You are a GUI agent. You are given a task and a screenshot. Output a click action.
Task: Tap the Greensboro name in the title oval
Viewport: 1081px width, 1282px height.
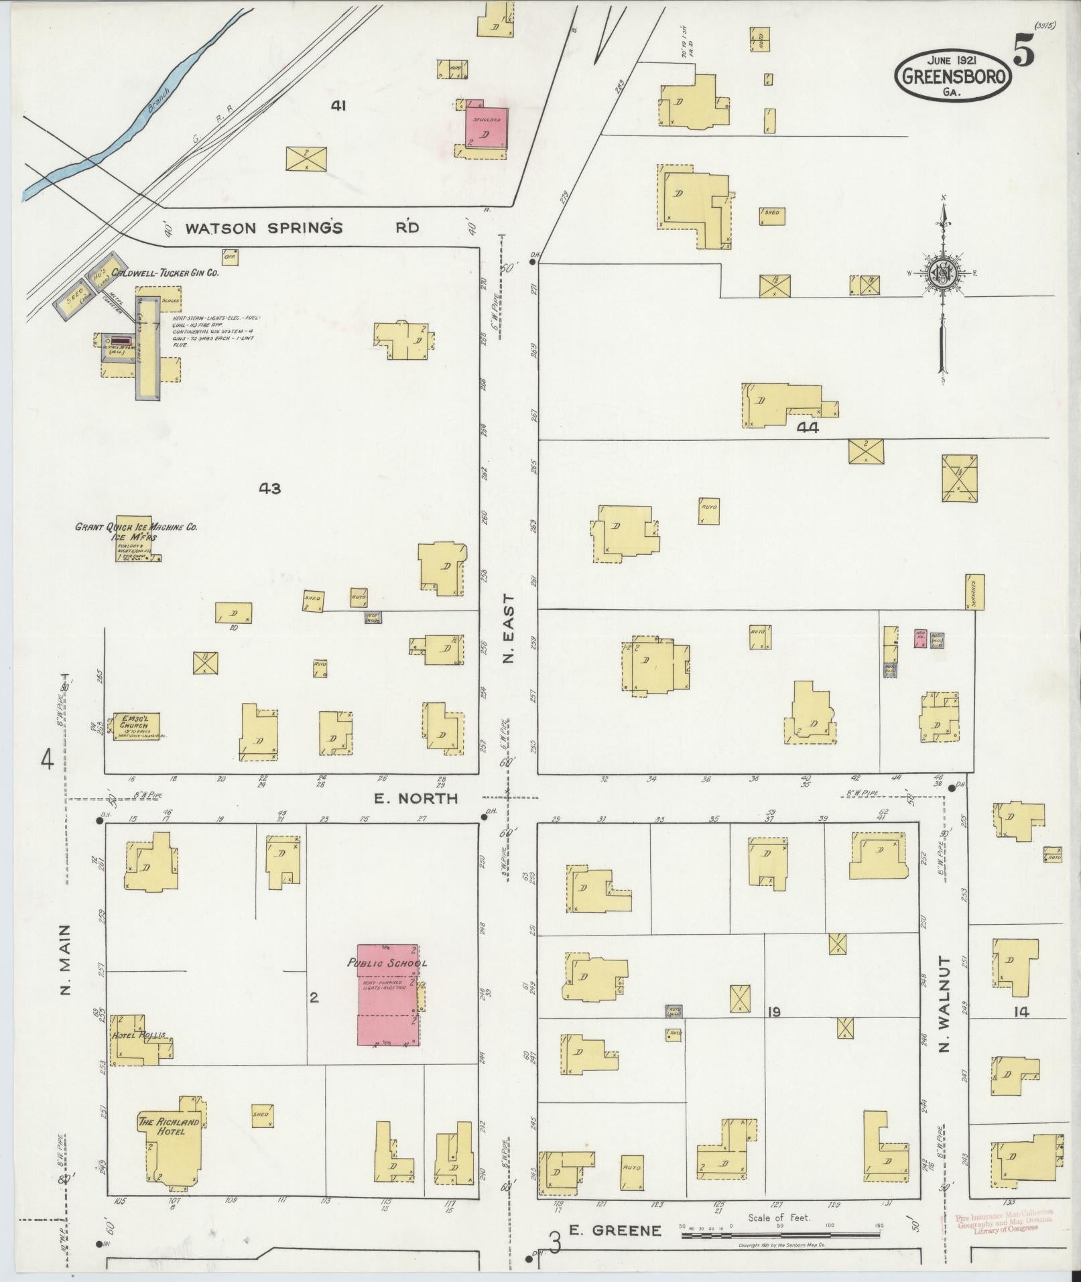click(x=952, y=76)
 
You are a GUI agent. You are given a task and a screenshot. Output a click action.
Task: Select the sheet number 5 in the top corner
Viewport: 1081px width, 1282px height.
click(x=1023, y=52)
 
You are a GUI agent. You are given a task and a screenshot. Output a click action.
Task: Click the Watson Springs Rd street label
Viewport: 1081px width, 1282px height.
click(x=302, y=228)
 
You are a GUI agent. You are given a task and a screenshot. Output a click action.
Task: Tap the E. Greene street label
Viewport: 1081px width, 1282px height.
click(x=615, y=1230)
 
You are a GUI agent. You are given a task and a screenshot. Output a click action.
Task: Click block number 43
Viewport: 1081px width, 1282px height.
click(x=269, y=489)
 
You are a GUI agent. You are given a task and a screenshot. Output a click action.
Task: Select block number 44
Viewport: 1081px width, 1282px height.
click(x=808, y=427)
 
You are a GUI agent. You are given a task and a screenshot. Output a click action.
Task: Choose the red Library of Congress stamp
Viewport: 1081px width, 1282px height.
click(x=1002, y=1221)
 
